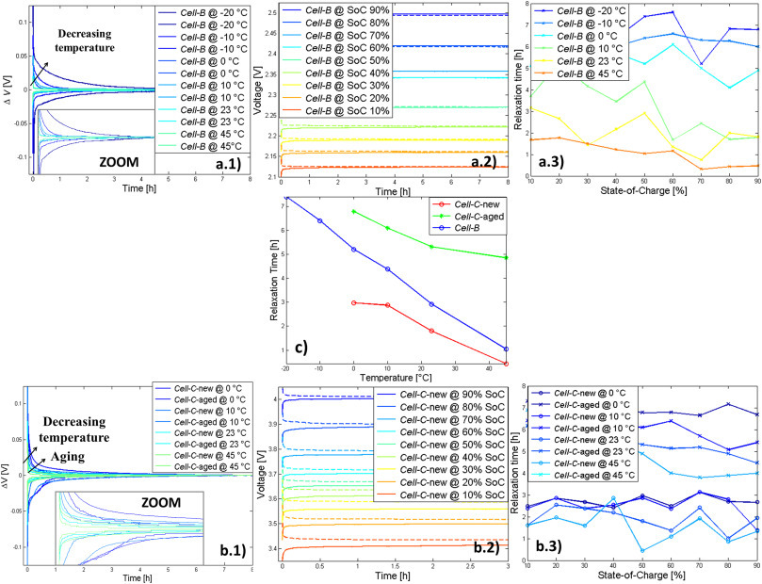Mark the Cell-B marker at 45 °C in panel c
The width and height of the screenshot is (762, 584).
click(x=506, y=349)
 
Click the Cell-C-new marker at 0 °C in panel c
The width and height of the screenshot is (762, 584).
click(x=352, y=302)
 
